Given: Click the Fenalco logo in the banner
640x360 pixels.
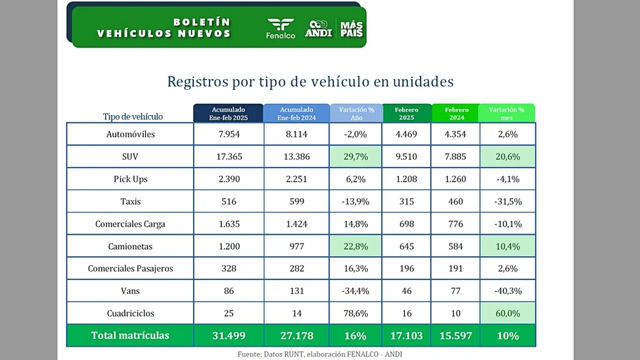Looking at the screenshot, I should coord(281,28).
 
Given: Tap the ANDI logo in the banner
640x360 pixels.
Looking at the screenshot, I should coord(319,28).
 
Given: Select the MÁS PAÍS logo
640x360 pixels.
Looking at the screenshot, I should coord(351,28).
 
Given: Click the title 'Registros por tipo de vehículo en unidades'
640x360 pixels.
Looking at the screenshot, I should coord(310,81).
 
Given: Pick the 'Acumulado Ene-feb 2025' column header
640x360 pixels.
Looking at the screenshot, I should coord(229,114).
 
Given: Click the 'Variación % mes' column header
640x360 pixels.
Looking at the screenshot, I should coord(507,114).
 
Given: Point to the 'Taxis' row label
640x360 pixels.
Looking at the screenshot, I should coord(131,201).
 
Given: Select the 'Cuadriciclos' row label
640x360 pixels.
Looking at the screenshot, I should coord(131,313).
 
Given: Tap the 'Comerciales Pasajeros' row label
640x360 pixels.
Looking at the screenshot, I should coord(131,269).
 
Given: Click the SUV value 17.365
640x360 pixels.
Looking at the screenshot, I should coord(229,156).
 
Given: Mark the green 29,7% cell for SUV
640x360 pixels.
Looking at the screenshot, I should coord(356,156).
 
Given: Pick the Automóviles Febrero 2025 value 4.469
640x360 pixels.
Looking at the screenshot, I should coord(407,134).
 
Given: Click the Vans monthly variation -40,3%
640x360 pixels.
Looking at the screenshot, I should coord(507,291).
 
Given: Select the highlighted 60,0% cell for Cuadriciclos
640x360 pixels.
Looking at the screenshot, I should coord(507,313).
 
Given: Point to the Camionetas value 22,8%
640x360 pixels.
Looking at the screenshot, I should coord(356,246).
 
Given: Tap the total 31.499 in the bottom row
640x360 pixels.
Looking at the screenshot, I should coord(229,335).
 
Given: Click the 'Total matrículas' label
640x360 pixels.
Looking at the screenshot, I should coord(131,335).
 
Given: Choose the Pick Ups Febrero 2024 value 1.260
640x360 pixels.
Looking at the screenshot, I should coord(456,179).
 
